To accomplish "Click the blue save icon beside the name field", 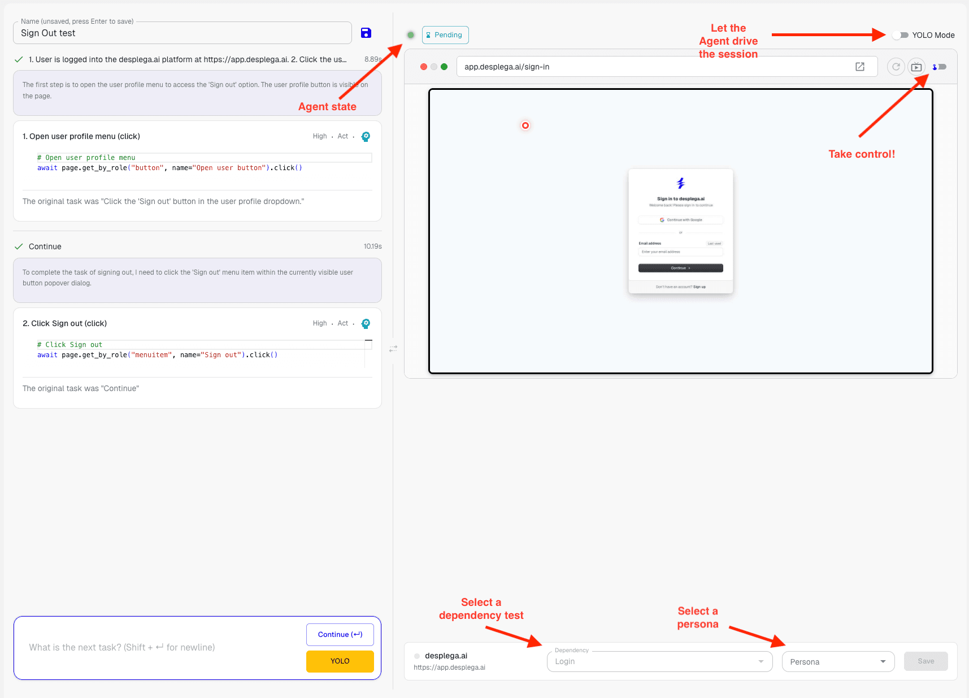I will [x=366, y=33].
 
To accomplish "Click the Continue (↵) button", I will [x=340, y=634].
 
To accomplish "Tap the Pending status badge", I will [x=445, y=35].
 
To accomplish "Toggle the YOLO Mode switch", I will [x=900, y=35].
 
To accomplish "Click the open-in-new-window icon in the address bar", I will [x=860, y=67].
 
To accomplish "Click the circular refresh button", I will [x=896, y=67].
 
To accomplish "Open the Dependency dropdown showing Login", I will [x=659, y=661].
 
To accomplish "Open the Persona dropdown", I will [x=838, y=661].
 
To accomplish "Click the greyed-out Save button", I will [x=925, y=661].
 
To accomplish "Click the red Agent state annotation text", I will [x=327, y=107].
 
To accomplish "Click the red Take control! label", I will [x=861, y=154].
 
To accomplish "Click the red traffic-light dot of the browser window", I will [x=424, y=67].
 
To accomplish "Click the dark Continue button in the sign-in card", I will [x=680, y=268].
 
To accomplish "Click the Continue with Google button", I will [x=680, y=220].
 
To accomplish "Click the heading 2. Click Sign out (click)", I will [x=64, y=323].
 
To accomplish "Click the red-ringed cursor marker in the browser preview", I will [x=525, y=125].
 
